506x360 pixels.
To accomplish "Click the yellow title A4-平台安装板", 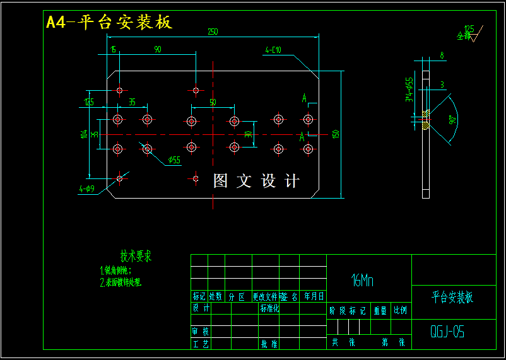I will (x=109, y=23).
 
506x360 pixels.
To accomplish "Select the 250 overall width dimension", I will (x=213, y=32).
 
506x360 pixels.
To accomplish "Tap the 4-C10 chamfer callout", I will (x=273, y=50).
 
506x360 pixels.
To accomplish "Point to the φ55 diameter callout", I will (x=173, y=160).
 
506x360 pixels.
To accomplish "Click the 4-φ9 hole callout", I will (x=86, y=189).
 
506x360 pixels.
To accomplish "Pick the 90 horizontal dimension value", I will (x=157, y=49).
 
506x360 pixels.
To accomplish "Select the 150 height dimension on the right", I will (x=336, y=134).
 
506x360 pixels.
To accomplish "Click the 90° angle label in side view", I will (x=452, y=120).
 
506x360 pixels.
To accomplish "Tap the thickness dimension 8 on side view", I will (x=442, y=55).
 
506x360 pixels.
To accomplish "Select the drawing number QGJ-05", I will (x=447, y=332).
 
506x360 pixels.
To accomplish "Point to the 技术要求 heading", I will (x=136, y=256).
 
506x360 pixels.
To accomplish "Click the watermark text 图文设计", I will (x=256, y=182).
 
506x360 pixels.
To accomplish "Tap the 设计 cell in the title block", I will (x=201, y=308).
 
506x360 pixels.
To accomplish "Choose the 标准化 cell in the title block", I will (x=269, y=308).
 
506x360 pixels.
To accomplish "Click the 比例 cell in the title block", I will (x=400, y=310).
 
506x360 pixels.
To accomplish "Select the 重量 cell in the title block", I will (x=380, y=310).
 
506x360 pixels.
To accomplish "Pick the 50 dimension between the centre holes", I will (x=213, y=102).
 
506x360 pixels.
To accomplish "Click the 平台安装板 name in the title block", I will (x=452, y=297).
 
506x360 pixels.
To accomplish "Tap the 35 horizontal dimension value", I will (x=132, y=102).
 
